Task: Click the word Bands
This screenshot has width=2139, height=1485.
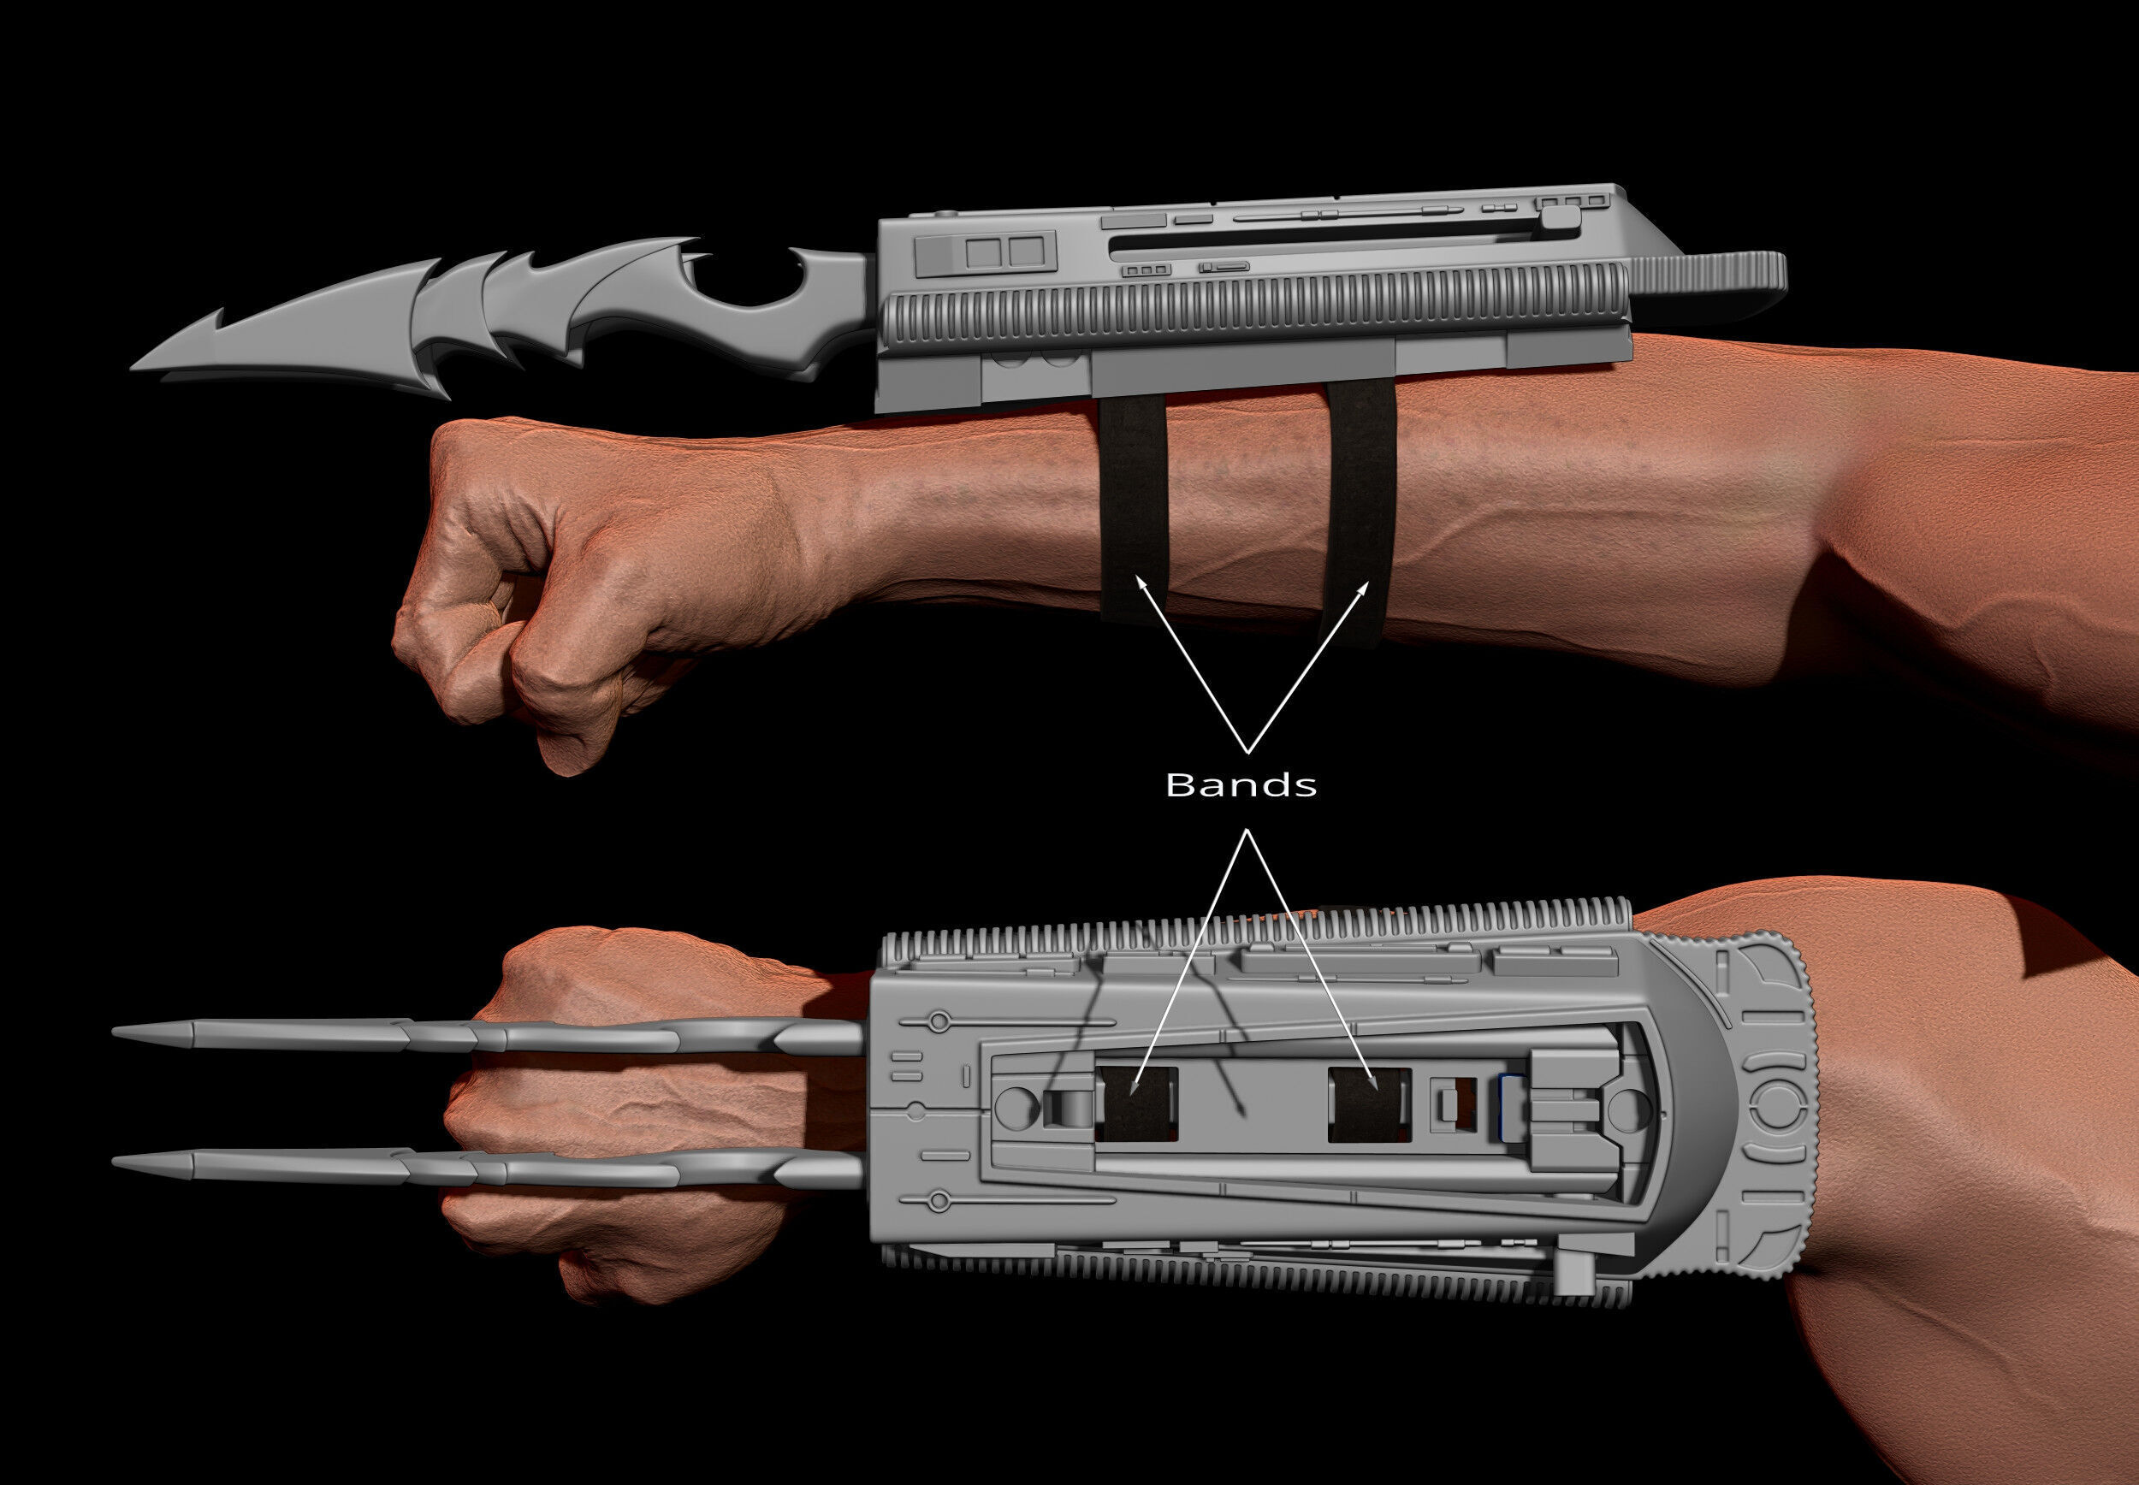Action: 1241,784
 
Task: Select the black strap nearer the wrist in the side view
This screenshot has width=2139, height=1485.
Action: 1133,502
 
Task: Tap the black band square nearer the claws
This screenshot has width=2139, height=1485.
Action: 1137,1103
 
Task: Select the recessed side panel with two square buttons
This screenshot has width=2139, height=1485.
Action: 986,252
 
